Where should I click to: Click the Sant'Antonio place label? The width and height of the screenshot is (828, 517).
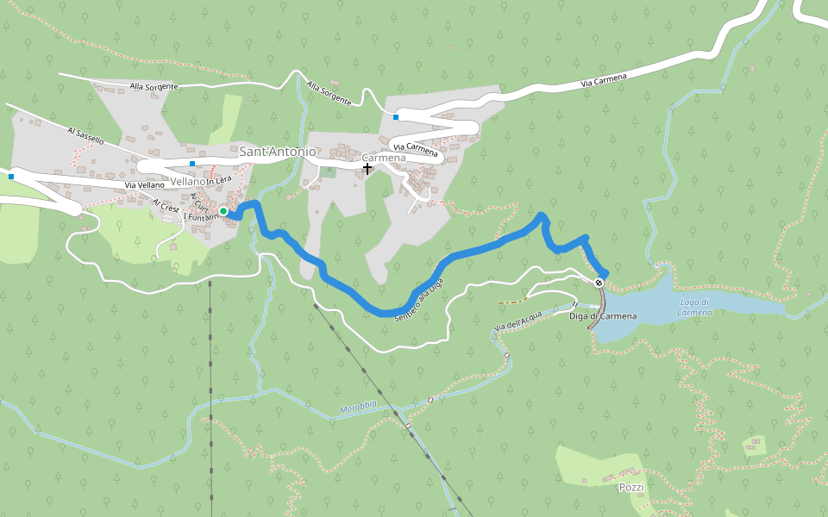click(277, 152)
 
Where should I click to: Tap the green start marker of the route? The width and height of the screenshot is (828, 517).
click(223, 211)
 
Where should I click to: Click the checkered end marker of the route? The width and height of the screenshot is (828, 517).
click(599, 282)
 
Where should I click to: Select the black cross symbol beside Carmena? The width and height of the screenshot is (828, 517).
click(367, 169)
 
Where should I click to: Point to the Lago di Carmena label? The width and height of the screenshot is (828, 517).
click(694, 307)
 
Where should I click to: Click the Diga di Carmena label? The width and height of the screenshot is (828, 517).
click(603, 316)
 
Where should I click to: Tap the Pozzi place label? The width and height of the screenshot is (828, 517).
click(631, 487)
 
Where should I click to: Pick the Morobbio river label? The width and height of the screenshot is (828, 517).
click(359, 407)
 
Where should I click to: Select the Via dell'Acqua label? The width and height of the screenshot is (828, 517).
click(517, 319)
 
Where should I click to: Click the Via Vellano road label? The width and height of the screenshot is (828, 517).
click(144, 185)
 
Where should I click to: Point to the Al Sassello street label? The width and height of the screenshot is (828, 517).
click(85, 134)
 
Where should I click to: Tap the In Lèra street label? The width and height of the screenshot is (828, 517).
click(219, 179)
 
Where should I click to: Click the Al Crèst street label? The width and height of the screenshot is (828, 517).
click(166, 207)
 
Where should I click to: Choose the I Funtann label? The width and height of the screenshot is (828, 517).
click(199, 218)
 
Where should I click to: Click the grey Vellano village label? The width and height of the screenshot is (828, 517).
click(187, 182)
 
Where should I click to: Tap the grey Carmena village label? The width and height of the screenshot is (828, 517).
click(383, 159)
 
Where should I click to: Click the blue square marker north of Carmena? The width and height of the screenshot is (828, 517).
click(396, 117)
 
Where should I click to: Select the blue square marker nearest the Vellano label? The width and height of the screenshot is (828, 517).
click(192, 164)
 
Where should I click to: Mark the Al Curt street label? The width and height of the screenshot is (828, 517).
click(200, 202)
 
